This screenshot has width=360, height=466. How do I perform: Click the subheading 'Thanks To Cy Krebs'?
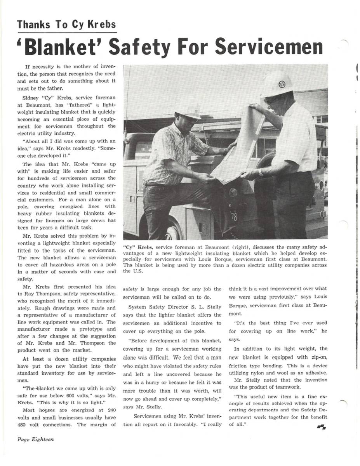[66, 24]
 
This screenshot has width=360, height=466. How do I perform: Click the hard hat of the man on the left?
[188, 111]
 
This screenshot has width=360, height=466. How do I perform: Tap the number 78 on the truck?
[234, 217]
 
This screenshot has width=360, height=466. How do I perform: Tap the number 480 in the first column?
[22, 424]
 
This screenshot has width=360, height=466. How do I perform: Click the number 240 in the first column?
[111, 410]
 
